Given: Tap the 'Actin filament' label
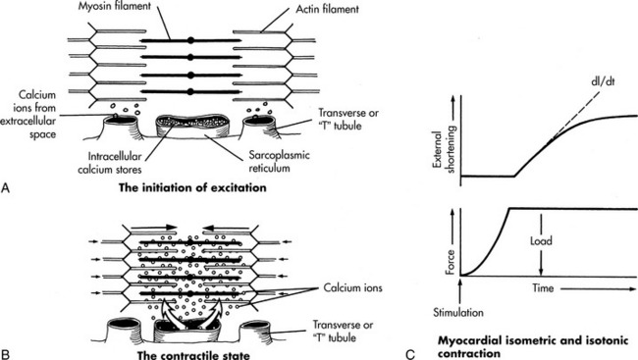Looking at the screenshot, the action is pos(327,9).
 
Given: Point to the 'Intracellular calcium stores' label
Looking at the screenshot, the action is pos(110,163).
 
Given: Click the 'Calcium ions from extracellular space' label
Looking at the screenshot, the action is pos(28,115).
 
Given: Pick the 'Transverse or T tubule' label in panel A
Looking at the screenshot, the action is pos(348,119).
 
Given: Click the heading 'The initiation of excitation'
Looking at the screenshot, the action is pos(192,187).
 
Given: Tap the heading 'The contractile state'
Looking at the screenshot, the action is pos(193,355).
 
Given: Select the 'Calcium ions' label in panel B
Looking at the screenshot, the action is pos(352,288).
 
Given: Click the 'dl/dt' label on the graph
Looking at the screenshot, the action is pos(603,81).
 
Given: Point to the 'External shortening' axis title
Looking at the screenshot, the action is pos(444,149).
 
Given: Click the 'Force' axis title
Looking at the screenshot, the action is pos(450,262).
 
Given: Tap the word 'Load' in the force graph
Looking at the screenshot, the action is pos(541,240).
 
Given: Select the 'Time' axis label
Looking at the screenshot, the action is pos(543,288).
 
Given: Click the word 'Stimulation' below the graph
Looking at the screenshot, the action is pos(458,312).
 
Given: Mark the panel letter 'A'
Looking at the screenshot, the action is pos(5,188).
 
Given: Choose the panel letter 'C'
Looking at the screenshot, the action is pos(409,354).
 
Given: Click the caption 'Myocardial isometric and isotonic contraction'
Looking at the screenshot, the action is pos(533,346).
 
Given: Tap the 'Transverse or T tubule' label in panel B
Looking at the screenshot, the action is pos(343,332).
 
